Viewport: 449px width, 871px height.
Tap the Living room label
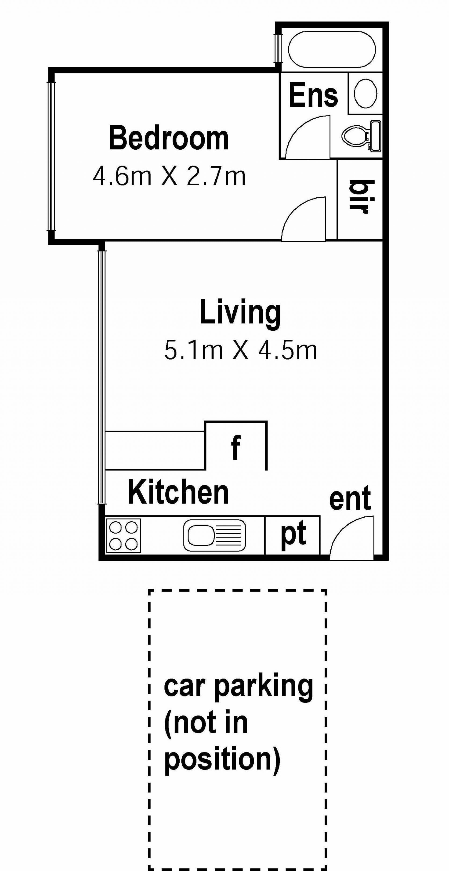tap(240, 313)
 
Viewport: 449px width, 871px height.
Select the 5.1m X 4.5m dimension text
tap(240, 350)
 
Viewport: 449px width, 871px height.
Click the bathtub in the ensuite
tap(332, 50)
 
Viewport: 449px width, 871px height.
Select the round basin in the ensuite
tap(366, 93)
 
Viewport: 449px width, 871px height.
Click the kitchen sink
tap(215, 535)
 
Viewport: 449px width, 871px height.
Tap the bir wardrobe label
tap(362, 197)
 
